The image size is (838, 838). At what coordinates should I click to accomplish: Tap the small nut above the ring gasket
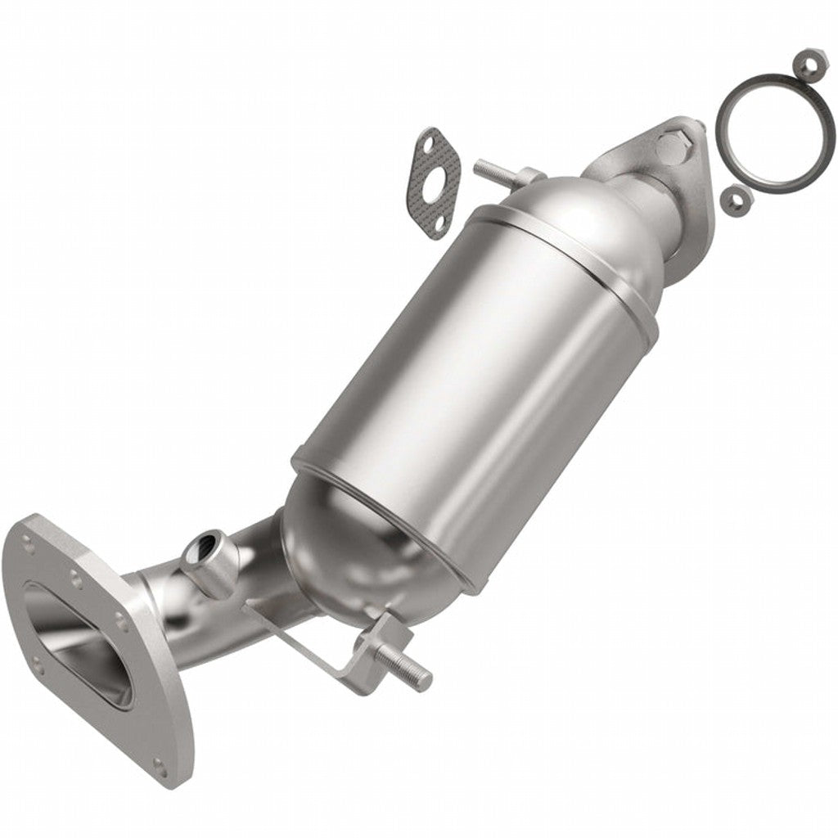pyautogui.click(x=800, y=62)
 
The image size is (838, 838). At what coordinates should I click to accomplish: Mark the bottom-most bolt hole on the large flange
pyautogui.click(x=162, y=767)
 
